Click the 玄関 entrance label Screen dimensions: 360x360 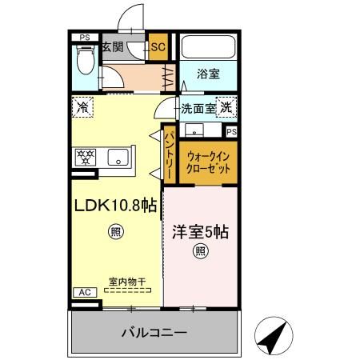pyautogui.click(x=112, y=47)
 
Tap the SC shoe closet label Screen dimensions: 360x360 pyautogui.click(x=158, y=47)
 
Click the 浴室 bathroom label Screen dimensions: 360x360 pyautogui.click(x=210, y=74)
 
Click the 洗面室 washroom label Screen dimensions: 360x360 pyautogui.click(x=198, y=108)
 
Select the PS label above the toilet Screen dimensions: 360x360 pyautogui.click(x=84, y=37)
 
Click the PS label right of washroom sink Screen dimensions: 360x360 pyautogui.click(x=232, y=131)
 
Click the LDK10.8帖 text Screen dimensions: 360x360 pyautogui.click(x=114, y=206)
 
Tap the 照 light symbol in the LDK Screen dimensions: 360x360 pyautogui.click(x=115, y=233)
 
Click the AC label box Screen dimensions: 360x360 pyautogui.click(x=84, y=293)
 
